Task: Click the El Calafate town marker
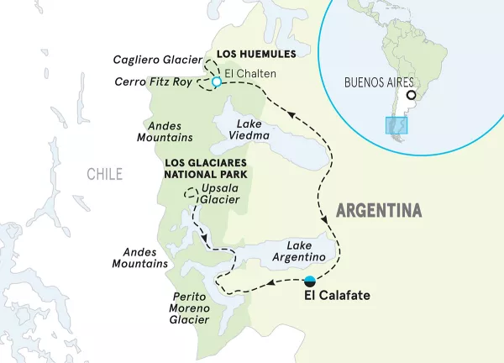(x=311, y=281)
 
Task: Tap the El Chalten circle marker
(x=216, y=82)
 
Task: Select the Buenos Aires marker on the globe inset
(x=410, y=107)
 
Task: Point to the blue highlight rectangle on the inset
(x=396, y=125)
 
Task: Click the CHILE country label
(x=104, y=174)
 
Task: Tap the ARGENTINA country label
(x=378, y=209)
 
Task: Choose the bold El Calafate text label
(x=336, y=296)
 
